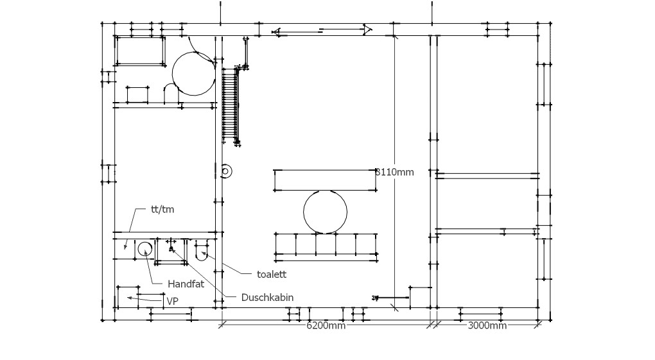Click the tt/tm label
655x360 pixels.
click(x=162, y=209)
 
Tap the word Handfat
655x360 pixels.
click(x=186, y=284)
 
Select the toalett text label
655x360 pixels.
click(x=272, y=275)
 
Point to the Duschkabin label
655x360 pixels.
click(x=267, y=297)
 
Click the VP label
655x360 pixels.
click(x=173, y=301)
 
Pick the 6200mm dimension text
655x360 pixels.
click(x=326, y=325)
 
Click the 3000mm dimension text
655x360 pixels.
click(x=487, y=325)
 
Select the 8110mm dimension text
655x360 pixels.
click(x=395, y=172)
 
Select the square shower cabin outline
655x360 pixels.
click(x=171, y=252)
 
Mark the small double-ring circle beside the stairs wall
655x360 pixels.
click(x=226, y=171)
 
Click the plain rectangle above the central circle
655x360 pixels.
click(x=325, y=180)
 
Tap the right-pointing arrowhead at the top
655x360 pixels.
click(x=367, y=30)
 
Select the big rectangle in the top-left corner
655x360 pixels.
click(x=141, y=51)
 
